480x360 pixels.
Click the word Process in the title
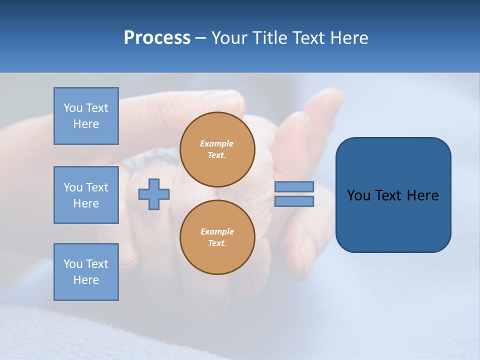pyautogui.click(x=157, y=38)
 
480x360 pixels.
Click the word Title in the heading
pyautogui.click(x=272, y=38)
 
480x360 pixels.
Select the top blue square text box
pyautogui.click(x=86, y=116)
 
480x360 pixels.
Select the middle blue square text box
pyautogui.click(x=86, y=195)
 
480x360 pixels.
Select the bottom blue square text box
pyautogui.click(x=86, y=272)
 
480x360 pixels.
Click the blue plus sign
pyautogui.click(x=154, y=194)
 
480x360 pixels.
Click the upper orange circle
pyautogui.click(x=217, y=149)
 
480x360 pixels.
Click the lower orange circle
pyautogui.click(x=217, y=237)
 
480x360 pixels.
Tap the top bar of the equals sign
pyautogui.click(x=294, y=187)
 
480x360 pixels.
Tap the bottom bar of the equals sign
pyautogui.click(x=294, y=201)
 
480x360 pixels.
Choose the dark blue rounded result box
pyautogui.click(x=393, y=220)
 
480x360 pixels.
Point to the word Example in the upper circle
pyautogui.click(x=217, y=143)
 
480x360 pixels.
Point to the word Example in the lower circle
pyautogui.click(x=217, y=231)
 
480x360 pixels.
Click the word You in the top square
pyautogui.click(x=73, y=108)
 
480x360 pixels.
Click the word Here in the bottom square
pyautogui.click(x=86, y=280)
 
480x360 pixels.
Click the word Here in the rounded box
pyautogui.click(x=423, y=195)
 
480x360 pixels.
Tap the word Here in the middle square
pyautogui.click(x=86, y=203)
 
